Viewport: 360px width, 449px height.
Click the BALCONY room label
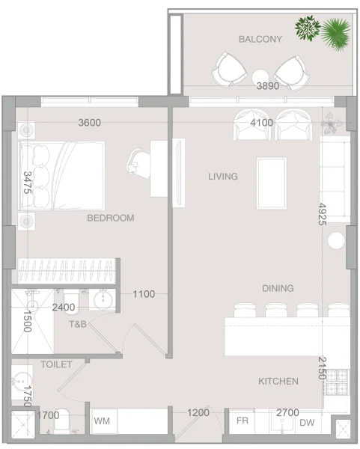click(x=260, y=39)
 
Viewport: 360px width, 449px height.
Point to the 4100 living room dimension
click(x=262, y=123)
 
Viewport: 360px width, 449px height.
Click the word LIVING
click(x=222, y=177)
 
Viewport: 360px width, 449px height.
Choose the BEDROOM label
click(x=110, y=218)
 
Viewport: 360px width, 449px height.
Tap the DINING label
click(x=257, y=288)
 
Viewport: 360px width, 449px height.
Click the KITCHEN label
click(x=278, y=381)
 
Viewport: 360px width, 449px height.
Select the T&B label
click(x=79, y=325)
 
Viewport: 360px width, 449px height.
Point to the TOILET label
click(x=56, y=364)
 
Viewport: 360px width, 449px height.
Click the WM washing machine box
click(x=102, y=422)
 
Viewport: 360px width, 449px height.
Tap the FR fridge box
click(x=242, y=422)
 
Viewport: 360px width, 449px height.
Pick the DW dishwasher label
click(x=307, y=423)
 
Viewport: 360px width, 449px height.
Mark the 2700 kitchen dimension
click(x=288, y=412)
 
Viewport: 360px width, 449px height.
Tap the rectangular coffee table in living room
click(x=272, y=183)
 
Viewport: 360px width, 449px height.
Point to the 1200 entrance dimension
click(x=198, y=412)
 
